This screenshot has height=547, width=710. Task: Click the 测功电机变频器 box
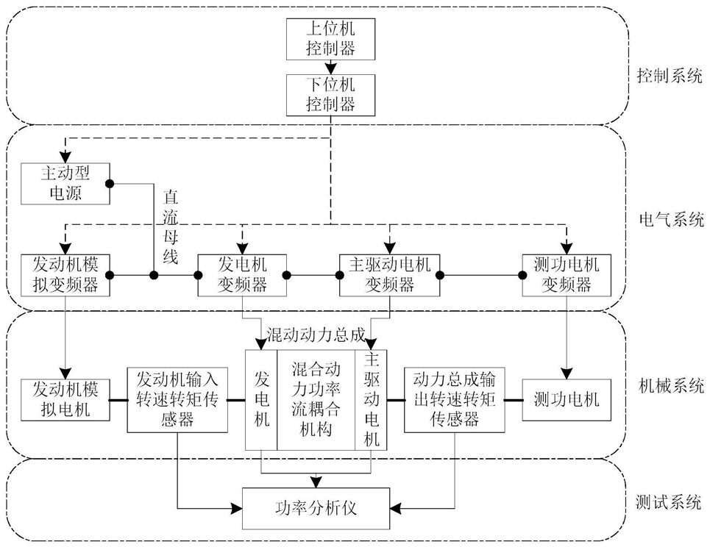567,275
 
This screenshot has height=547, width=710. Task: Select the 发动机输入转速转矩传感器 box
177,400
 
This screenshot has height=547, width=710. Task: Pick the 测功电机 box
567,400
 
